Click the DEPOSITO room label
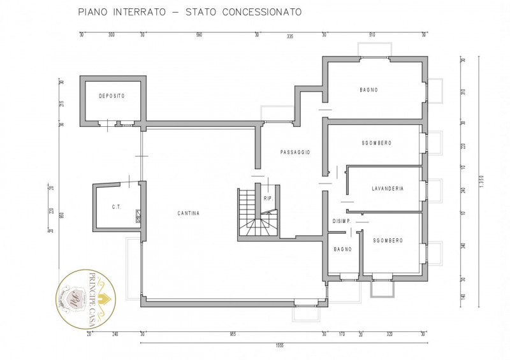point(112,96)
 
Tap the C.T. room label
point(117,206)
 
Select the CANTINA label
point(189,213)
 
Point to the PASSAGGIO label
point(295,152)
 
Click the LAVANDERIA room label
point(388,189)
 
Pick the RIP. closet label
point(268,198)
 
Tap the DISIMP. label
point(340,221)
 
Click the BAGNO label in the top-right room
point(368,90)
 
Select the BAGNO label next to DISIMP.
point(343,249)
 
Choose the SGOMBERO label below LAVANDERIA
point(388,240)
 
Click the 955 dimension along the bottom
point(233,333)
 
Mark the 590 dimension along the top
point(199,35)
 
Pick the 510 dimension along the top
point(372,35)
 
